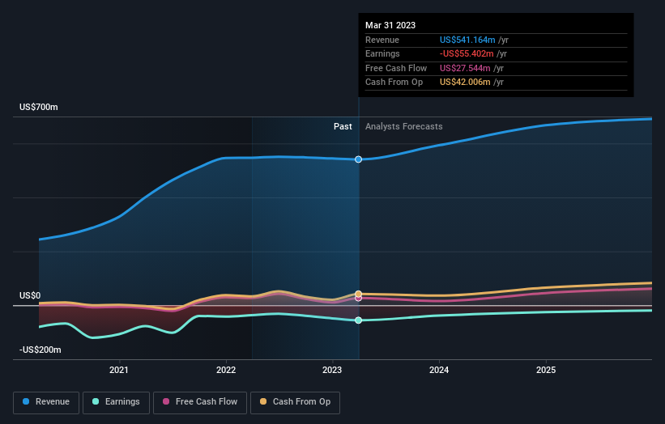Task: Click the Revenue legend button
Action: (x=46, y=401)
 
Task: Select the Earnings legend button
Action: (x=116, y=401)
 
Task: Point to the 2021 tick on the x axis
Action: (x=119, y=371)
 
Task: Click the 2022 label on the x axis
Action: (x=226, y=371)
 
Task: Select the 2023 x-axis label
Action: (x=332, y=371)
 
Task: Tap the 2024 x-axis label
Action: (x=439, y=371)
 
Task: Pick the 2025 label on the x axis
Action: (x=546, y=371)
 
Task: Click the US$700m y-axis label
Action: (x=39, y=108)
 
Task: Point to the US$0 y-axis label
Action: (x=30, y=296)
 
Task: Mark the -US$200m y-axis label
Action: (x=40, y=350)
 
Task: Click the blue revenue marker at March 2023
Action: (x=358, y=159)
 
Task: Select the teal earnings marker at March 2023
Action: (x=358, y=320)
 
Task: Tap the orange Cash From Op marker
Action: (x=358, y=294)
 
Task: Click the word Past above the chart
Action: (x=343, y=126)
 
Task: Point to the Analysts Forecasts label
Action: (x=403, y=126)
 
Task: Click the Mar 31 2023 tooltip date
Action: (x=390, y=25)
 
